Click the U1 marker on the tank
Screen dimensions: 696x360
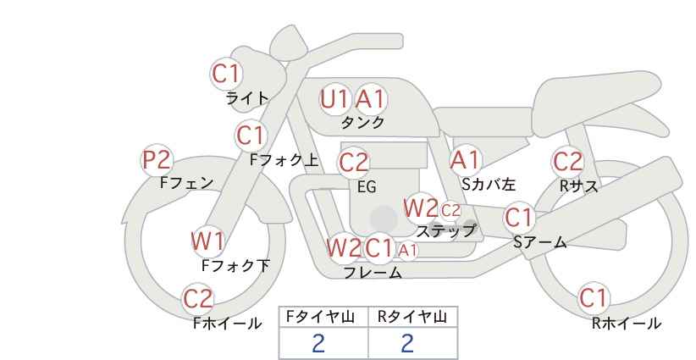(x=334, y=99)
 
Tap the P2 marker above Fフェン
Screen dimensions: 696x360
(x=157, y=160)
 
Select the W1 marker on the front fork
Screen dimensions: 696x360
(x=207, y=241)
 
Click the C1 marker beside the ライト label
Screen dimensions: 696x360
(x=226, y=74)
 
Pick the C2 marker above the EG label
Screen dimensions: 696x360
(x=354, y=163)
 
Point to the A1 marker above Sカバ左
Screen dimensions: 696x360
(x=465, y=160)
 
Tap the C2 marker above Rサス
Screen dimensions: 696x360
(x=567, y=162)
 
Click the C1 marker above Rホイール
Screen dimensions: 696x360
(x=593, y=298)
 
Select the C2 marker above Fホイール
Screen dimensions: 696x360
(x=198, y=299)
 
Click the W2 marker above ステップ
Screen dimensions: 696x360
(x=420, y=208)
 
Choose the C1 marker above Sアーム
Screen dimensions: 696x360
(x=518, y=218)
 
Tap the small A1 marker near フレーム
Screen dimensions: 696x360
(x=407, y=251)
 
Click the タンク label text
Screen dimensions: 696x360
(x=362, y=123)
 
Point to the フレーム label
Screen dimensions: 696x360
(x=373, y=273)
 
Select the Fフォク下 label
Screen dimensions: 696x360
(x=235, y=265)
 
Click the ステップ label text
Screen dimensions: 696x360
(x=445, y=231)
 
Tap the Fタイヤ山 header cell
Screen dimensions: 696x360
(x=323, y=317)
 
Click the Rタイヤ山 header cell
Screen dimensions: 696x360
(x=413, y=317)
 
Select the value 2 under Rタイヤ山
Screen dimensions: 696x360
(x=407, y=343)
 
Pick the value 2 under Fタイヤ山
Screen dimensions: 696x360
(x=318, y=343)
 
